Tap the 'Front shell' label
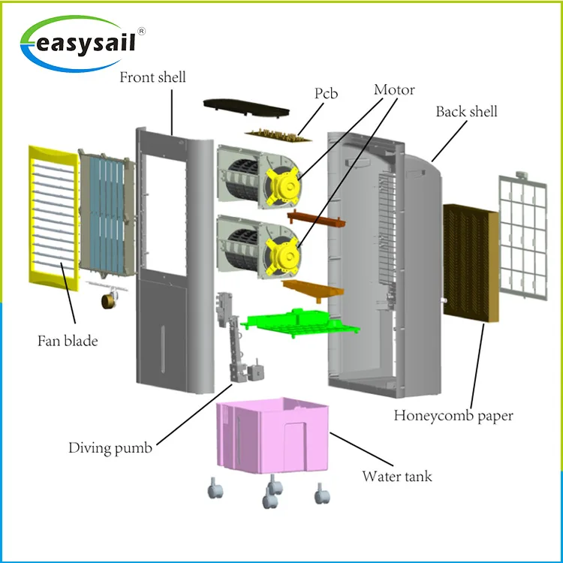pyautogui.click(x=152, y=77)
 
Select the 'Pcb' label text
pyautogui.click(x=326, y=94)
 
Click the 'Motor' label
pyautogui.click(x=394, y=90)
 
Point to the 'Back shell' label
pyautogui.click(x=466, y=112)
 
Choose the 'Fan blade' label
pyautogui.click(x=68, y=341)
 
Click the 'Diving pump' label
pyautogui.click(x=110, y=448)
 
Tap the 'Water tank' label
pyautogui.click(x=397, y=476)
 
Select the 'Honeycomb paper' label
pyautogui.click(x=453, y=415)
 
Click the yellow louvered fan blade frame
pyautogui.click(x=53, y=214)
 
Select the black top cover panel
pyautogui.click(x=248, y=110)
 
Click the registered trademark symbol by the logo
pyautogui.click(x=142, y=31)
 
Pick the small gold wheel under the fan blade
pyautogui.click(x=107, y=300)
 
